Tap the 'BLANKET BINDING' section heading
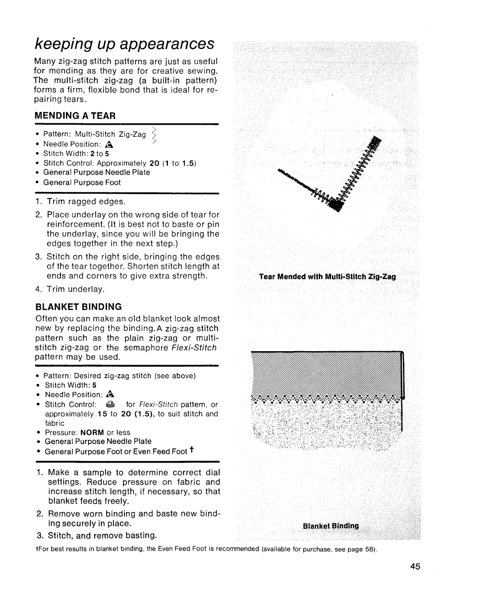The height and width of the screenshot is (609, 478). coord(78,306)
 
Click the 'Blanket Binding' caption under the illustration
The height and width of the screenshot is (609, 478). coord(331,526)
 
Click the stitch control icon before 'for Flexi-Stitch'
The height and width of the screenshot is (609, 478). coord(110,405)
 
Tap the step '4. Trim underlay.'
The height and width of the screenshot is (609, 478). coord(70,289)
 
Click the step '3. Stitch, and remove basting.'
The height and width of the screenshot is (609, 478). coord(96,536)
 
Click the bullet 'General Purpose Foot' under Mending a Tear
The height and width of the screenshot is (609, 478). coord(82,182)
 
